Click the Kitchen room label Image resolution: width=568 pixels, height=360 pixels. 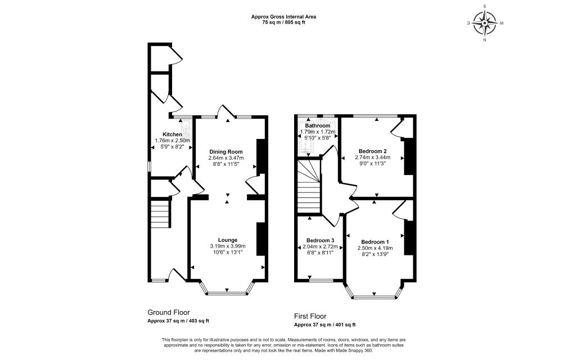pos(172,134)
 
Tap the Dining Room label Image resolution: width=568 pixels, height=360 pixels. pos(226,152)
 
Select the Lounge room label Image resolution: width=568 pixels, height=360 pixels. pos(228,240)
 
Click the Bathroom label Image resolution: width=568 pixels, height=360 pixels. pos(317,125)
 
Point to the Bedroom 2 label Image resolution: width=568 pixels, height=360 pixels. pos(373,151)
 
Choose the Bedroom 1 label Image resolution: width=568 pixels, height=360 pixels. pos(375,242)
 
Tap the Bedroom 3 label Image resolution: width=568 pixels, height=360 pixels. pos(320,240)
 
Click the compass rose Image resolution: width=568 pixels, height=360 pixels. pos(485,23)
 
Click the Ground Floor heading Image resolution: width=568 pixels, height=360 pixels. pos(169,313)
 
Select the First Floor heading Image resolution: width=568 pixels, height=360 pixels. pos(310,316)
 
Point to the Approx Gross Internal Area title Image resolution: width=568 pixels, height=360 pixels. pos(283,17)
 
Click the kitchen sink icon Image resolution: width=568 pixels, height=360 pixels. pos(187,129)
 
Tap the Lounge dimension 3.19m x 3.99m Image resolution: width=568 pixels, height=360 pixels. pos(228,246)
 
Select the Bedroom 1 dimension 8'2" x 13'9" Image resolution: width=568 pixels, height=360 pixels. pos(375,254)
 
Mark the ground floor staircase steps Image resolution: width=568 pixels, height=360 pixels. pos(160,214)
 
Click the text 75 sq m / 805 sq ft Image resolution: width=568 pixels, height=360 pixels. pos(283,22)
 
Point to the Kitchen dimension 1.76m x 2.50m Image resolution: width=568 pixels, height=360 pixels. pos(173,141)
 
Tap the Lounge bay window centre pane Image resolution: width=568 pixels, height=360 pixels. pos(227,293)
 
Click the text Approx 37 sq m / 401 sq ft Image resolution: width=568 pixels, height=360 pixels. pos(324,325)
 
